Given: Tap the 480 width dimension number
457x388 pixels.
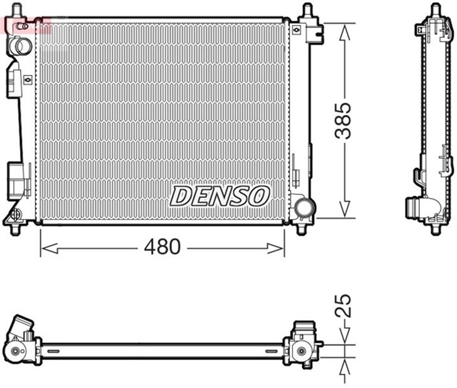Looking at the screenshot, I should (163, 248).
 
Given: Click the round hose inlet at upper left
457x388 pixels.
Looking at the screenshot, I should (21, 47).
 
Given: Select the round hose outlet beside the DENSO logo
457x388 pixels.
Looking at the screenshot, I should (304, 207).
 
